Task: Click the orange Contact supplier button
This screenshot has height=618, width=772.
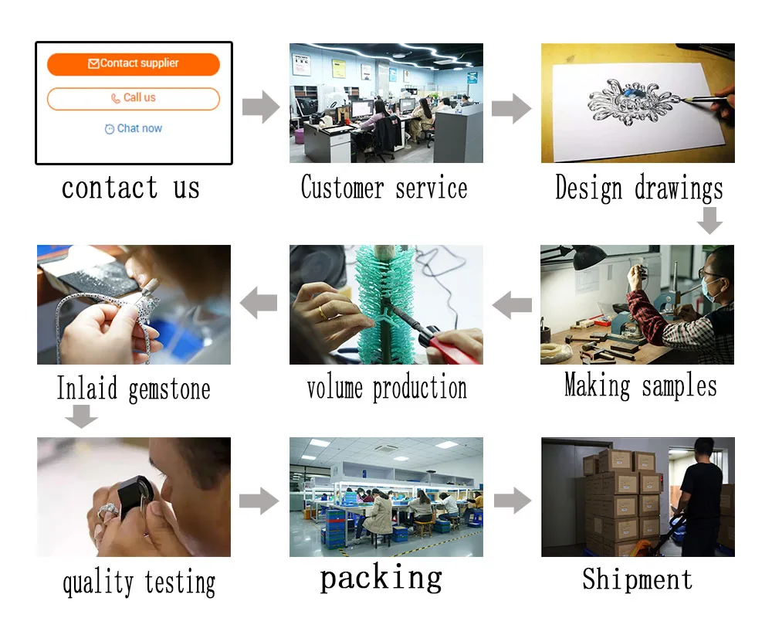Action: (134, 64)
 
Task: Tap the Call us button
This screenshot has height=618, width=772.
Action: (134, 99)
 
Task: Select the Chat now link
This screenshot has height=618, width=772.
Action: (134, 129)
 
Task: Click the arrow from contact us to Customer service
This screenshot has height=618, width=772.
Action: (261, 107)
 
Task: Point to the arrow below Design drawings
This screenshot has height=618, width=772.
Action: (710, 221)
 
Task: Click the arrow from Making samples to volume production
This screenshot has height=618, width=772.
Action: (512, 305)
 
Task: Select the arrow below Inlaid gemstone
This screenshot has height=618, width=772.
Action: (82, 416)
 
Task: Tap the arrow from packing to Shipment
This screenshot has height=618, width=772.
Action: (513, 501)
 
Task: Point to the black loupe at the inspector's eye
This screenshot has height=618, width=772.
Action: (137, 496)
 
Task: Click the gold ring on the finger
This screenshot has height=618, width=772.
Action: (322, 312)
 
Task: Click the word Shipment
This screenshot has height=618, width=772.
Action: (638, 579)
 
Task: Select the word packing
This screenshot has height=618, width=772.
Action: (381, 578)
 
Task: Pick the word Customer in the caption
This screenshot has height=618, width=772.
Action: (342, 187)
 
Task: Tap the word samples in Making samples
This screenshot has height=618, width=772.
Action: (679, 386)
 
